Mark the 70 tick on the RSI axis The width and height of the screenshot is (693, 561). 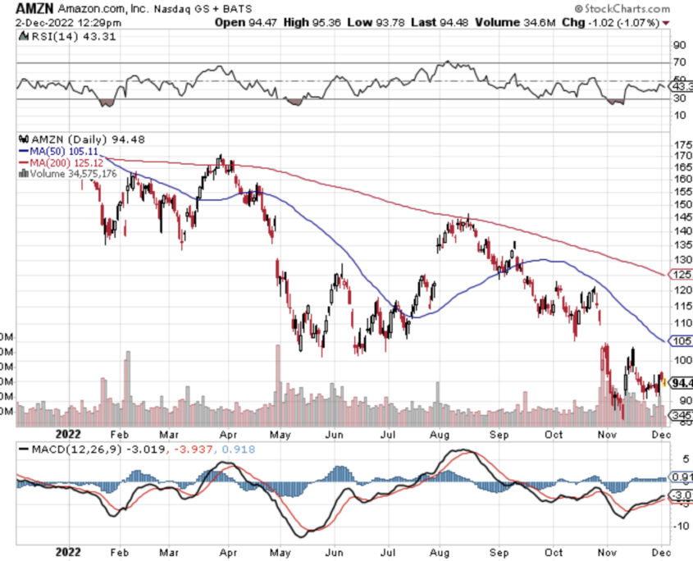point(679,62)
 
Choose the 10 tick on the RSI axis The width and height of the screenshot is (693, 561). point(679,115)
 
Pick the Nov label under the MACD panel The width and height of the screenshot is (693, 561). point(608,551)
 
